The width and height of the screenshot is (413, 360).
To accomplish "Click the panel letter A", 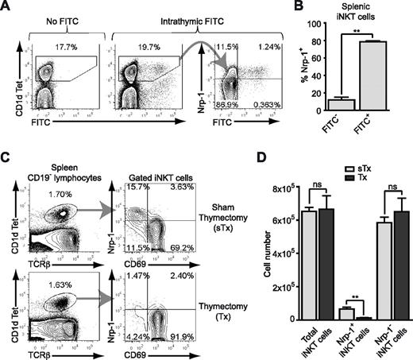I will (6, 7).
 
